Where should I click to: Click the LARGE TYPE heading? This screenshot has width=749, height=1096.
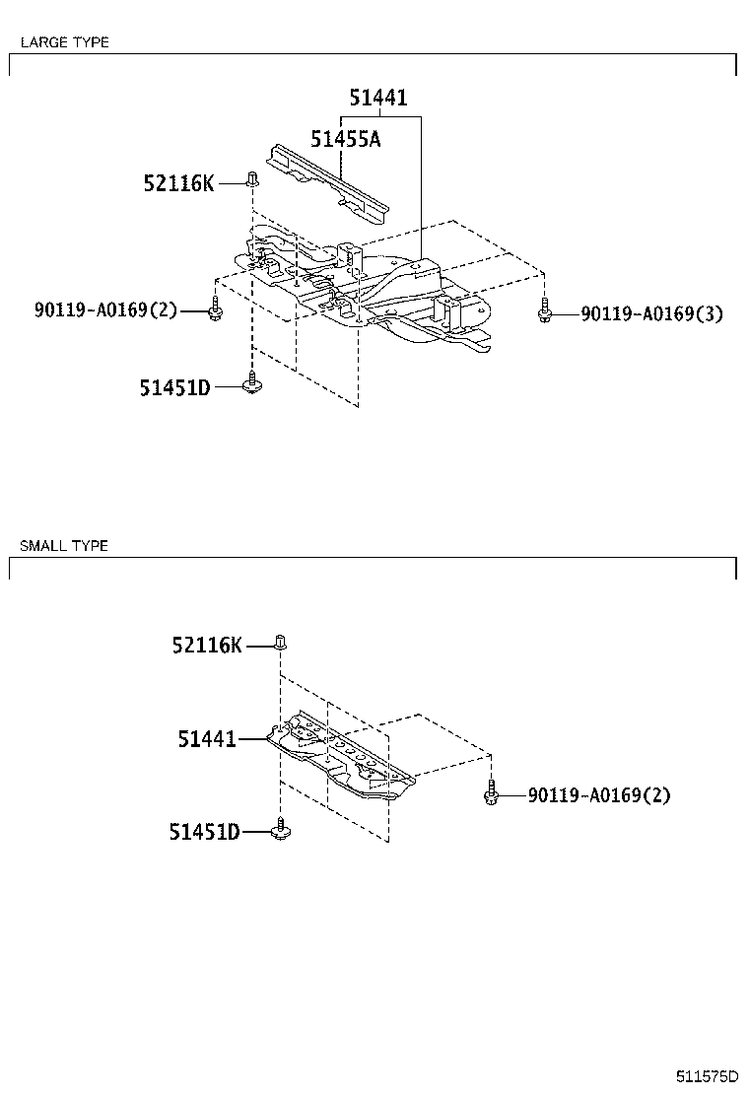pos(64,42)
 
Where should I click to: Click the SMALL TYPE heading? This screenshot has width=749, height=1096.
pos(64,545)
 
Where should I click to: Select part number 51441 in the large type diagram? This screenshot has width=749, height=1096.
pos(377,98)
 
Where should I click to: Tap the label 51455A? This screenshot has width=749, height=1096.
pos(345,139)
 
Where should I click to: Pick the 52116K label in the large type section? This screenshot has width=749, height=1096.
pos(178,183)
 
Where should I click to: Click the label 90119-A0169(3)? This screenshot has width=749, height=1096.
pos(651,314)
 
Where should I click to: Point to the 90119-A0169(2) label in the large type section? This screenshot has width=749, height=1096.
pos(105,311)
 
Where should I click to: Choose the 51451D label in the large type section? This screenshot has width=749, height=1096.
pos(174,387)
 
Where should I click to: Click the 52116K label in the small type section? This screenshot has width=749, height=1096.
pos(206,646)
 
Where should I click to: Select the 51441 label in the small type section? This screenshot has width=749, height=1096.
pos(207,738)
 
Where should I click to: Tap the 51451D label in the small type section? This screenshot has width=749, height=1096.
pos(204,833)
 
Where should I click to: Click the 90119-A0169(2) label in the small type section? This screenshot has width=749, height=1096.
pos(598,795)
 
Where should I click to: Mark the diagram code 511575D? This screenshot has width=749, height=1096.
pos(707,1075)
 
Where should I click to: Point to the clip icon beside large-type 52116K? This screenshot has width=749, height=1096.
pos(252,179)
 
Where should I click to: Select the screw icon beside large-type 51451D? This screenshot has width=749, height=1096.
pos(252,383)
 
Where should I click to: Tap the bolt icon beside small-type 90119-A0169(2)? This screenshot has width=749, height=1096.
pos(490,792)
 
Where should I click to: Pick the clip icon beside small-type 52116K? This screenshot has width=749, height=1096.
pos(280,643)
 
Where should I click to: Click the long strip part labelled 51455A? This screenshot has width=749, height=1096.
pos(325,182)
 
